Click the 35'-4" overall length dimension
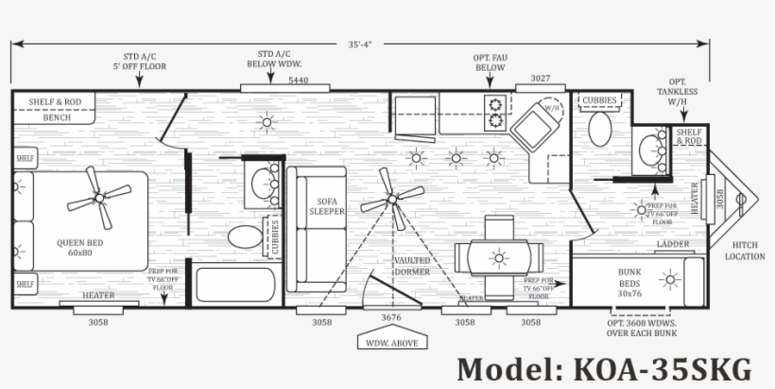pyautogui.click(x=359, y=44)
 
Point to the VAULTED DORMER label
pyautogui.click(x=412, y=266)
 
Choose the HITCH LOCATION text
pyautogui.click(x=744, y=251)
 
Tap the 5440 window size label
pyautogui.click(x=298, y=80)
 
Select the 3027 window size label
pyautogui.click(x=541, y=78)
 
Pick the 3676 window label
pyautogui.click(x=391, y=317)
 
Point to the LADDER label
pyautogui.click(x=672, y=244)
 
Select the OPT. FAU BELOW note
pyautogui.click(x=489, y=62)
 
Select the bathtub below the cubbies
pyautogui.click(x=234, y=285)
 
